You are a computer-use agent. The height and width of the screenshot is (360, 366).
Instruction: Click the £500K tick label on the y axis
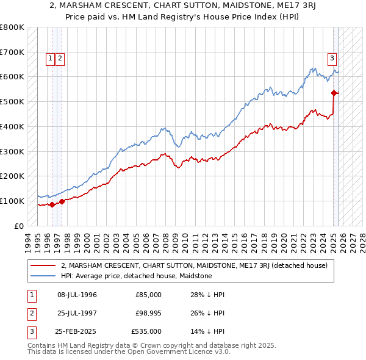tap(12, 101)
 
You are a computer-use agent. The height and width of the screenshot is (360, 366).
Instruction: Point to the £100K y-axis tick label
tap(12, 201)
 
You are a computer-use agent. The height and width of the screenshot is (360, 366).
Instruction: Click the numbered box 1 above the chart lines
tap(50, 59)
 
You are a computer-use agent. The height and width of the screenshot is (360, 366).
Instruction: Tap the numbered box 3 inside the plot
tap(332, 59)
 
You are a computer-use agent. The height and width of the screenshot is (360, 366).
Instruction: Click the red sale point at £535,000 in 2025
tap(334, 93)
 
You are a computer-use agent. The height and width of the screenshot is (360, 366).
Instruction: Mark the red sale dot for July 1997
tap(62, 201)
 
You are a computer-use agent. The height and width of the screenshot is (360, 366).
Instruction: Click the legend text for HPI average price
tap(136, 276)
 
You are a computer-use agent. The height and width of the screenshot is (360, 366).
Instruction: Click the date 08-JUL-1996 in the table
tap(77, 295)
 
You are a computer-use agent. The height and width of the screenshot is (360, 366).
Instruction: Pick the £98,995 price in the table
tap(148, 313)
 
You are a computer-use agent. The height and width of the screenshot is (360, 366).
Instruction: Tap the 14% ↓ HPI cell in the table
tap(207, 331)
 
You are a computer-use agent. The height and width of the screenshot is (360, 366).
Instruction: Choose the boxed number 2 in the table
tap(31, 313)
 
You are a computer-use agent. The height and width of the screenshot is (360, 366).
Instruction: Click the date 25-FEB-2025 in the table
tap(77, 331)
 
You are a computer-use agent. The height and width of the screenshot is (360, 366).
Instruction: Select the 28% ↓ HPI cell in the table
tap(207, 295)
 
